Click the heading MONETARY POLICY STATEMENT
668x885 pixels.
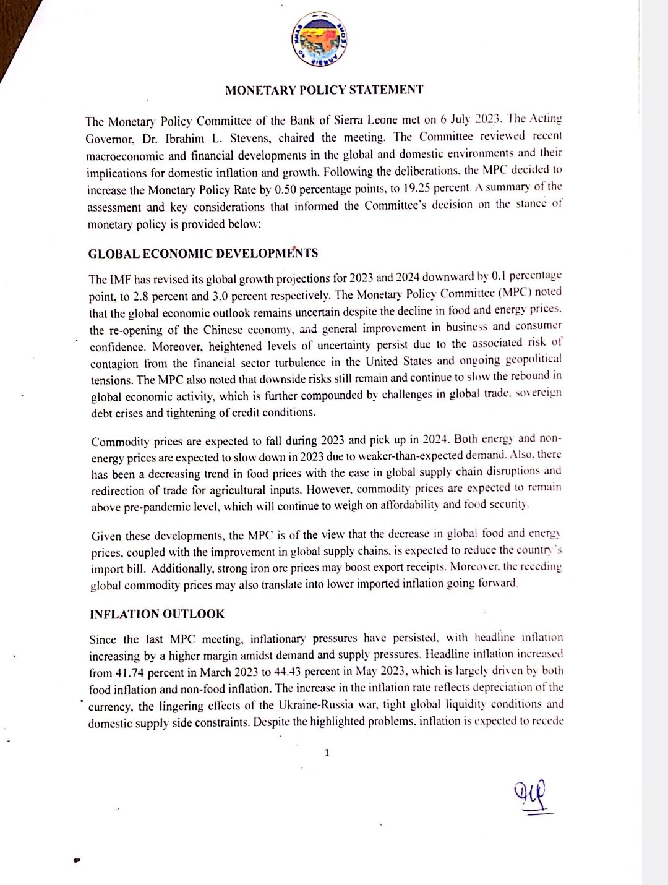point(324,90)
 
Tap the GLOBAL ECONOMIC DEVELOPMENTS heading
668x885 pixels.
point(203,254)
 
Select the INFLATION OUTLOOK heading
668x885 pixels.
point(157,614)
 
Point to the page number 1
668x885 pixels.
point(327,753)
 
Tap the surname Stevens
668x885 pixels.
point(247,139)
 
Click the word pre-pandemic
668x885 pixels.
point(152,507)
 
